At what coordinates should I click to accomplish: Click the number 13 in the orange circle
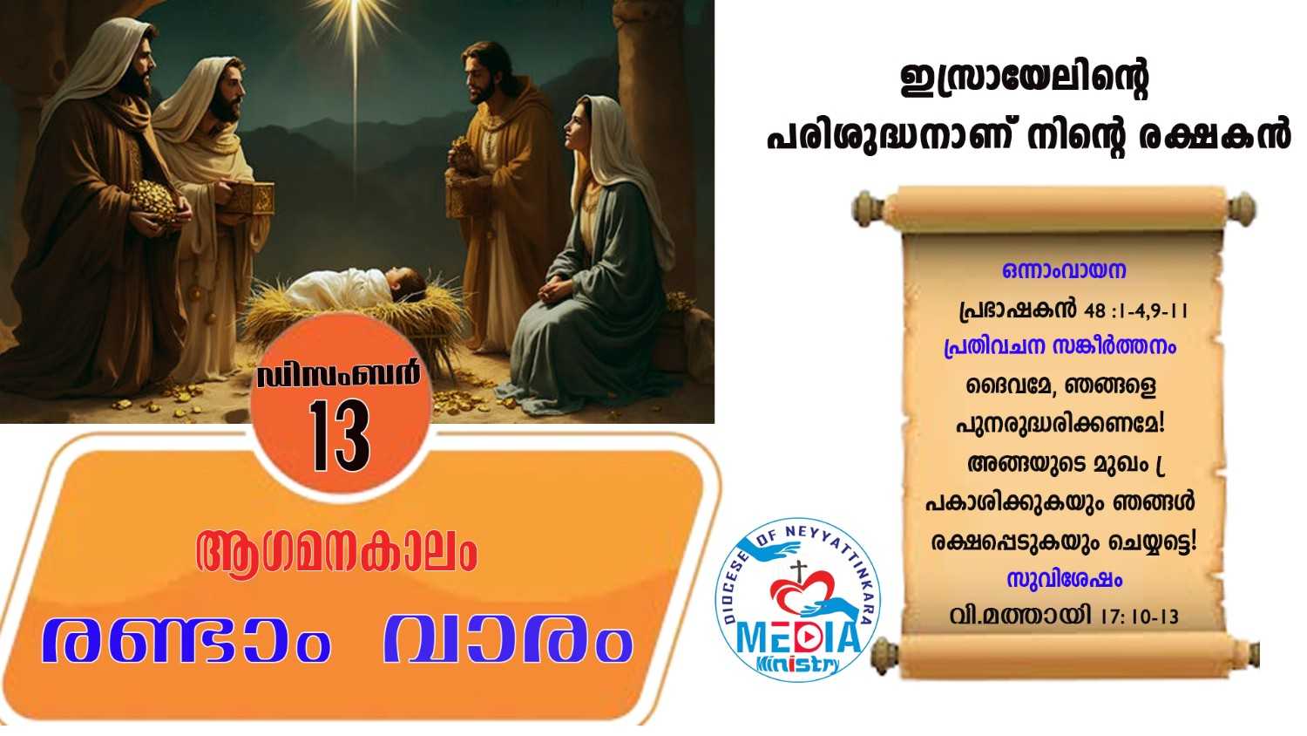[340, 436]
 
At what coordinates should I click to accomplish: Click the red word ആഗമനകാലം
[336, 553]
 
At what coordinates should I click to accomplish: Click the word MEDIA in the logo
[798, 637]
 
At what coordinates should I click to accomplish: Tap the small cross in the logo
[797, 571]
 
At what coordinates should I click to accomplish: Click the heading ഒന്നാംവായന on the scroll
[1064, 270]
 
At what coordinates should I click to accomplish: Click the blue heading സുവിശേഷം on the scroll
[1064, 579]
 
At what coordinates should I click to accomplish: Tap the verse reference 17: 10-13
[1140, 617]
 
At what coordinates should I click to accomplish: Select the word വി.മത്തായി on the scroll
[1020, 616]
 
